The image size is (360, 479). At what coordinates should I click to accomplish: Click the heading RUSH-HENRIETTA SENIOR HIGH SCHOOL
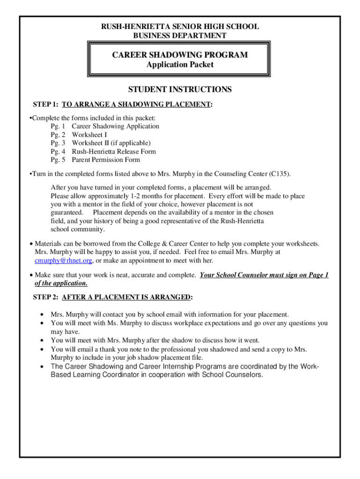tap(180, 27)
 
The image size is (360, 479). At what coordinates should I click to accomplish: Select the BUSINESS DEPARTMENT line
tap(180, 36)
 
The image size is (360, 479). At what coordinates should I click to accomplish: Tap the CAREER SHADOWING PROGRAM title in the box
tap(180, 55)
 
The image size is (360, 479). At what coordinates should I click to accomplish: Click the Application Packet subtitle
tap(180, 65)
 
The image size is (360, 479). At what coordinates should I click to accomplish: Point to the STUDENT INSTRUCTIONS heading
tap(180, 89)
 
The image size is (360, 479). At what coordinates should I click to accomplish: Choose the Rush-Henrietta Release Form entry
tap(114, 152)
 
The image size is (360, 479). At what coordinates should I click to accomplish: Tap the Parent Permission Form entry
tap(106, 160)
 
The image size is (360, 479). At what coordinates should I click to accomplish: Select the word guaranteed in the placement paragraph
tap(65, 213)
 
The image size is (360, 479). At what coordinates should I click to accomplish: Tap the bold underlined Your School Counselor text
tap(239, 275)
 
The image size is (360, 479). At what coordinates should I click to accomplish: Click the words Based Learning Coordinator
tap(92, 375)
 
